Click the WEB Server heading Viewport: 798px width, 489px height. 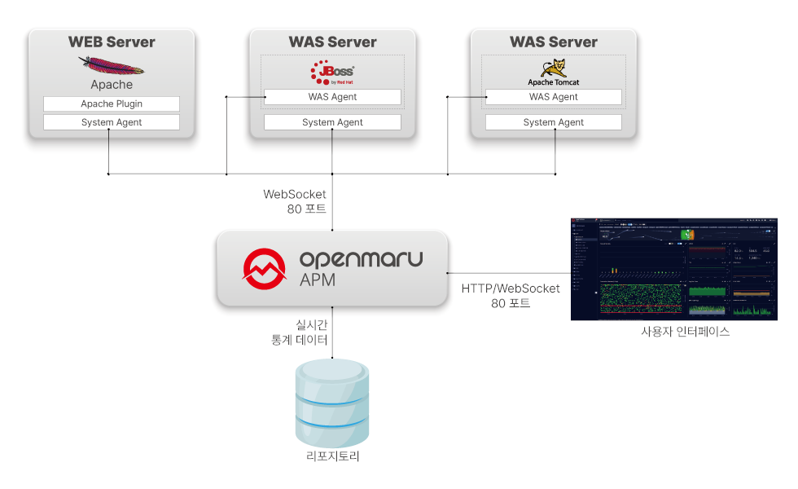(112, 42)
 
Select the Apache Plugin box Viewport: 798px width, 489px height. (112, 104)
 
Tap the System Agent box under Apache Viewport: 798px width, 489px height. (112, 122)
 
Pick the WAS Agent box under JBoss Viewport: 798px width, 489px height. (332, 97)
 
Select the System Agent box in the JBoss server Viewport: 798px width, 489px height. (332, 122)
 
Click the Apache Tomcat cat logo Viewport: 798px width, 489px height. (554, 69)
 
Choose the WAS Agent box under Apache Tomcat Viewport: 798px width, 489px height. (554, 97)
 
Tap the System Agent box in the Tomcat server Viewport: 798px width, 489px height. (554, 122)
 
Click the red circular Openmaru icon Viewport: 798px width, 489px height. (265, 268)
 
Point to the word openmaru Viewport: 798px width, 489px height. (361, 259)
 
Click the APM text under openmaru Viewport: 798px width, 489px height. (318, 280)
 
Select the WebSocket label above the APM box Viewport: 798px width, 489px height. (295, 195)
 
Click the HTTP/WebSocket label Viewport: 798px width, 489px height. (511, 289)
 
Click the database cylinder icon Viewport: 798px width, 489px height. (332, 400)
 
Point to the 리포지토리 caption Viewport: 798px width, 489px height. (332, 456)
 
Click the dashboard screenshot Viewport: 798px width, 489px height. (671, 268)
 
